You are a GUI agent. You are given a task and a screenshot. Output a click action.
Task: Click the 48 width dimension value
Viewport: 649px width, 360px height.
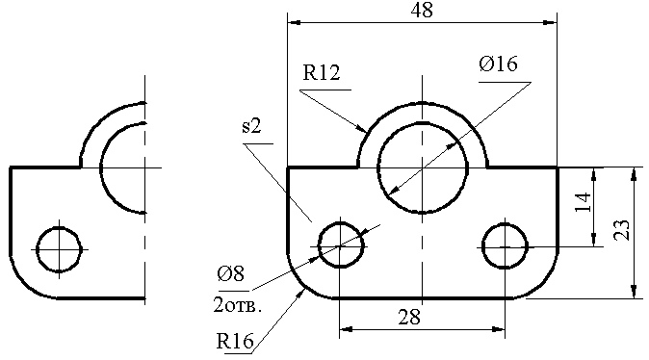[x=422, y=10]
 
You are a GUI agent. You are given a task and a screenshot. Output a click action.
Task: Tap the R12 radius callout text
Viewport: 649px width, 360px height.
[x=322, y=72]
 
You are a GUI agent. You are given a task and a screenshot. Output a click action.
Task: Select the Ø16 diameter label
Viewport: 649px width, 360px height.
[x=499, y=64]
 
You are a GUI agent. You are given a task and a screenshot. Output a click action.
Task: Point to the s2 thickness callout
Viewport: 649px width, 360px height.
[x=251, y=127]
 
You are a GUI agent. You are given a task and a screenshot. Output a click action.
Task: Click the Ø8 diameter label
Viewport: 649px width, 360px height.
[x=231, y=273]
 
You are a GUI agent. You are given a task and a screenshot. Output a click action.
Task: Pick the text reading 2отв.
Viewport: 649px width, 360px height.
[x=238, y=305]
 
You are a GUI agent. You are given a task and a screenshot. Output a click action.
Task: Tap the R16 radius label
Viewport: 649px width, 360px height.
[x=235, y=342]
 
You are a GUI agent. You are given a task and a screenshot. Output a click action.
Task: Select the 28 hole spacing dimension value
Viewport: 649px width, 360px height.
[x=409, y=318]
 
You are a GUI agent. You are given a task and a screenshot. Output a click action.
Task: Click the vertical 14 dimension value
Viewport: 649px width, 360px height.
[x=584, y=202]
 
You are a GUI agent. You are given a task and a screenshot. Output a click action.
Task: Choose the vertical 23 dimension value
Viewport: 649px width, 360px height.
[x=622, y=230]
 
